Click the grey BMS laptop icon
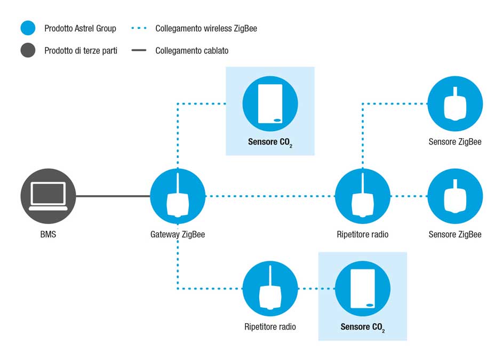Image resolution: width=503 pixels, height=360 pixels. [48, 196]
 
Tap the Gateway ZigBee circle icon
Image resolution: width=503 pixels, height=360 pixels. [178, 196]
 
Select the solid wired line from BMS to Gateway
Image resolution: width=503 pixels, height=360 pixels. [113, 196]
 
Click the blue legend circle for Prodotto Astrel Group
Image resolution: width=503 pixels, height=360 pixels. [28, 28]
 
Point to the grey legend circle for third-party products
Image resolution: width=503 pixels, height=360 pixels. [28, 50]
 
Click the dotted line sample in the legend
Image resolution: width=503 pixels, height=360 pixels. [139, 28]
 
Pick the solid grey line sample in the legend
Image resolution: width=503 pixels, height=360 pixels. [139, 50]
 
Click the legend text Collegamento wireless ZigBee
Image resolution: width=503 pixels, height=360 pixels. [206, 28]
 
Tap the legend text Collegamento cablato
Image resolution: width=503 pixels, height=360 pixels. [192, 50]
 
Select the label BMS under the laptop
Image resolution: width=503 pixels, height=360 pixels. [48, 234]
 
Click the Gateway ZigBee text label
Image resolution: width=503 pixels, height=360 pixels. [178, 235]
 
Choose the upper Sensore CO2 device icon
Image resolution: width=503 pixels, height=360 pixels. [270, 103]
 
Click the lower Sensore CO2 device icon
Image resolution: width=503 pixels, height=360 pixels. [363, 289]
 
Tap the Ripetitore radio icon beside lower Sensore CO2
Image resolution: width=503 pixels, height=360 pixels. [270, 289]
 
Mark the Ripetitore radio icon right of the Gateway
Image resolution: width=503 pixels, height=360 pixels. [363, 196]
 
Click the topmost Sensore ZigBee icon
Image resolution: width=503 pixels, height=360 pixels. [455, 103]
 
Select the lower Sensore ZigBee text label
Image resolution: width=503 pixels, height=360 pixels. [455, 235]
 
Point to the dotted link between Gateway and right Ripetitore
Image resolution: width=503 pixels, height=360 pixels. [270, 196]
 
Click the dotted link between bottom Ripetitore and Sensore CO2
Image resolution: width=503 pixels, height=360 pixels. [316, 289]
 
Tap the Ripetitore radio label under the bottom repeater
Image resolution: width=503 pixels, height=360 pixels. [270, 326]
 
